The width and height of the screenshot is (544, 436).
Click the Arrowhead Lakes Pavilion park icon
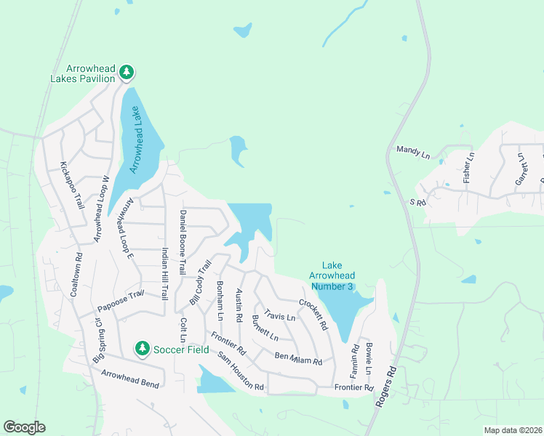127,71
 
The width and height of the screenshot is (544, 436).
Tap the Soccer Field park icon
143,349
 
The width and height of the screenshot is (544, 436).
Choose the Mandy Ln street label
413,151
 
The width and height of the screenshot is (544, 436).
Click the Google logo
24,427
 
